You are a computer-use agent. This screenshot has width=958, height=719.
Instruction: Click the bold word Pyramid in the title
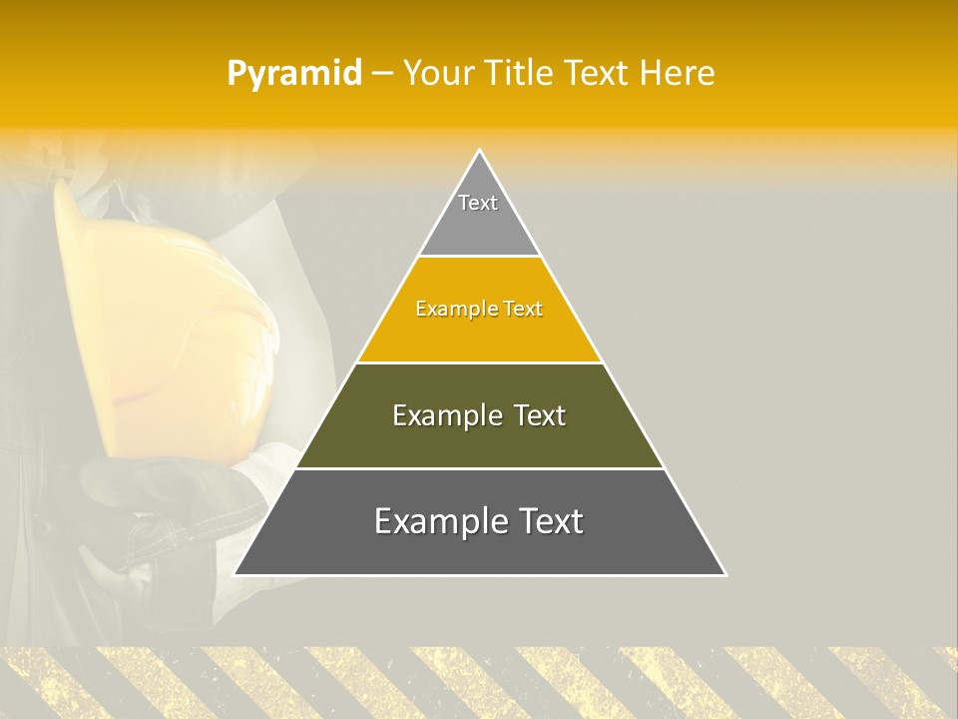pyautogui.click(x=294, y=74)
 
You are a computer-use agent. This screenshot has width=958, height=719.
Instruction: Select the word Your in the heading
pyautogui.click(x=437, y=73)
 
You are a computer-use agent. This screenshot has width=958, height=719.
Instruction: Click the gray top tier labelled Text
pyautogui.click(x=479, y=215)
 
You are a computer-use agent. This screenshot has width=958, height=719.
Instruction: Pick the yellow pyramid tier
pyautogui.click(x=479, y=330)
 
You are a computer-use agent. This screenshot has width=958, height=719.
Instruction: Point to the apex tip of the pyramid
pyautogui.click(x=480, y=152)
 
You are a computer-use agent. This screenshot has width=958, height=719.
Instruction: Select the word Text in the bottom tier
pyautogui.click(x=547, y=521)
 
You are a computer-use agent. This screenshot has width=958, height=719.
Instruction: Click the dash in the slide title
pyautogui.click(x=382, y=74)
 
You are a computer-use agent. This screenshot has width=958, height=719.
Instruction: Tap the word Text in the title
pyautogui.click(x=599, y=73)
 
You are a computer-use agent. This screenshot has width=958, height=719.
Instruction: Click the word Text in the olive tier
pyautogui.click(x=540, y=415)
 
